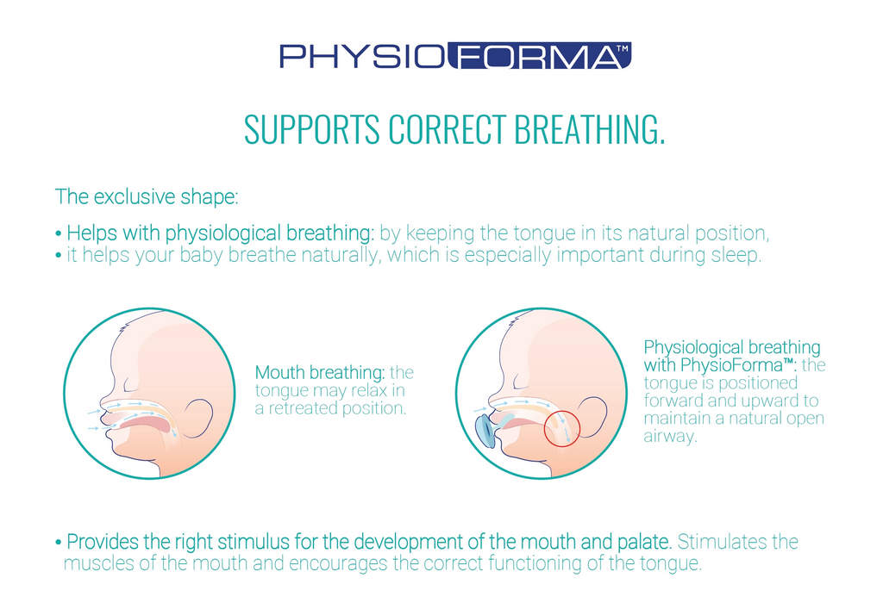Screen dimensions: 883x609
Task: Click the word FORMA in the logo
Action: (540, 56)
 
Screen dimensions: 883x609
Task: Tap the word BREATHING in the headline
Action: (590, 128)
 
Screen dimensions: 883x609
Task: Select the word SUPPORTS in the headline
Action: (312, 128)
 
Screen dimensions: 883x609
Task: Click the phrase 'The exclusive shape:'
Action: (147, 196)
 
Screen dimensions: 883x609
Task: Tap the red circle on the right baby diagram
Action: (562, 428)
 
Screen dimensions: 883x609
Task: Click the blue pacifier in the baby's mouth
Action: (485, 431)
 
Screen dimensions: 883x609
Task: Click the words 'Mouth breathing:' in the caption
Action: (320, 372)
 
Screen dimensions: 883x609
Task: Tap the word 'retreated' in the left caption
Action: (302, 408)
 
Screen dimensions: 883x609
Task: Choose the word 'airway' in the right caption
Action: (668, 437)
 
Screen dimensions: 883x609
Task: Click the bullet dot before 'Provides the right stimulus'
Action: (58, 544)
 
